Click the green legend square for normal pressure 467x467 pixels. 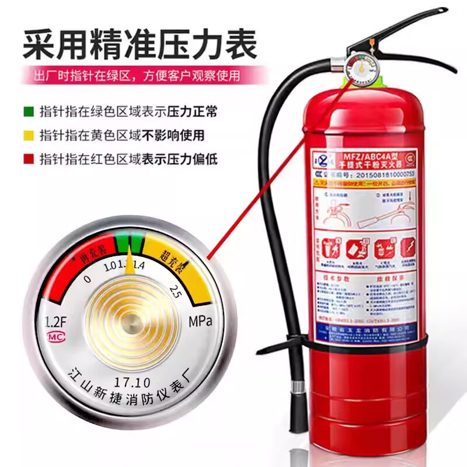pyautogui.click(x=29, y=111)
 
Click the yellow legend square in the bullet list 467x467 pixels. pyautogui.click(x=29, y=135)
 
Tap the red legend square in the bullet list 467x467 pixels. pyautogui.click(x=29, y=158)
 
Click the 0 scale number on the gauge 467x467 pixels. pyautogui.click(x=88, y=279)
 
